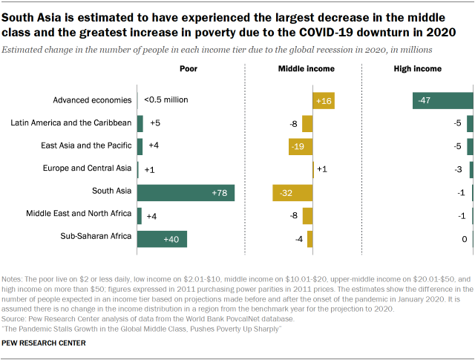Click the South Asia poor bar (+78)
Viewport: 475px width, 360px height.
point(186,193)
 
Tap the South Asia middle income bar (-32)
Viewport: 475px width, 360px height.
point(292,193)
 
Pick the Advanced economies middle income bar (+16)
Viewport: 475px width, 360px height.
point(324,101)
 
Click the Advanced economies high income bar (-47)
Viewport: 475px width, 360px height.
point(442,101)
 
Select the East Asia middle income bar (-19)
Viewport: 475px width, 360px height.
point(301,146)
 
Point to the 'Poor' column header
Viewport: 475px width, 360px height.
point(189,69)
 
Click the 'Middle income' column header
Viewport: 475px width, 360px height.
point(306,69)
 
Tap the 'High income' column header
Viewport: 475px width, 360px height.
point(417,69)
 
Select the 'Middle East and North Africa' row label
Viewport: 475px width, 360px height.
point(79,215)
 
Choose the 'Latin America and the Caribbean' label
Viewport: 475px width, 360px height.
point(72,122)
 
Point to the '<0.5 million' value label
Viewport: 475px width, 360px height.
point(166,99)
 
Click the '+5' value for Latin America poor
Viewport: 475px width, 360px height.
point(155,123)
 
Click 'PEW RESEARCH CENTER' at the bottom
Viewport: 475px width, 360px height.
point(44,343)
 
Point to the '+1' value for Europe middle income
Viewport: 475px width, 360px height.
point(322,169)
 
